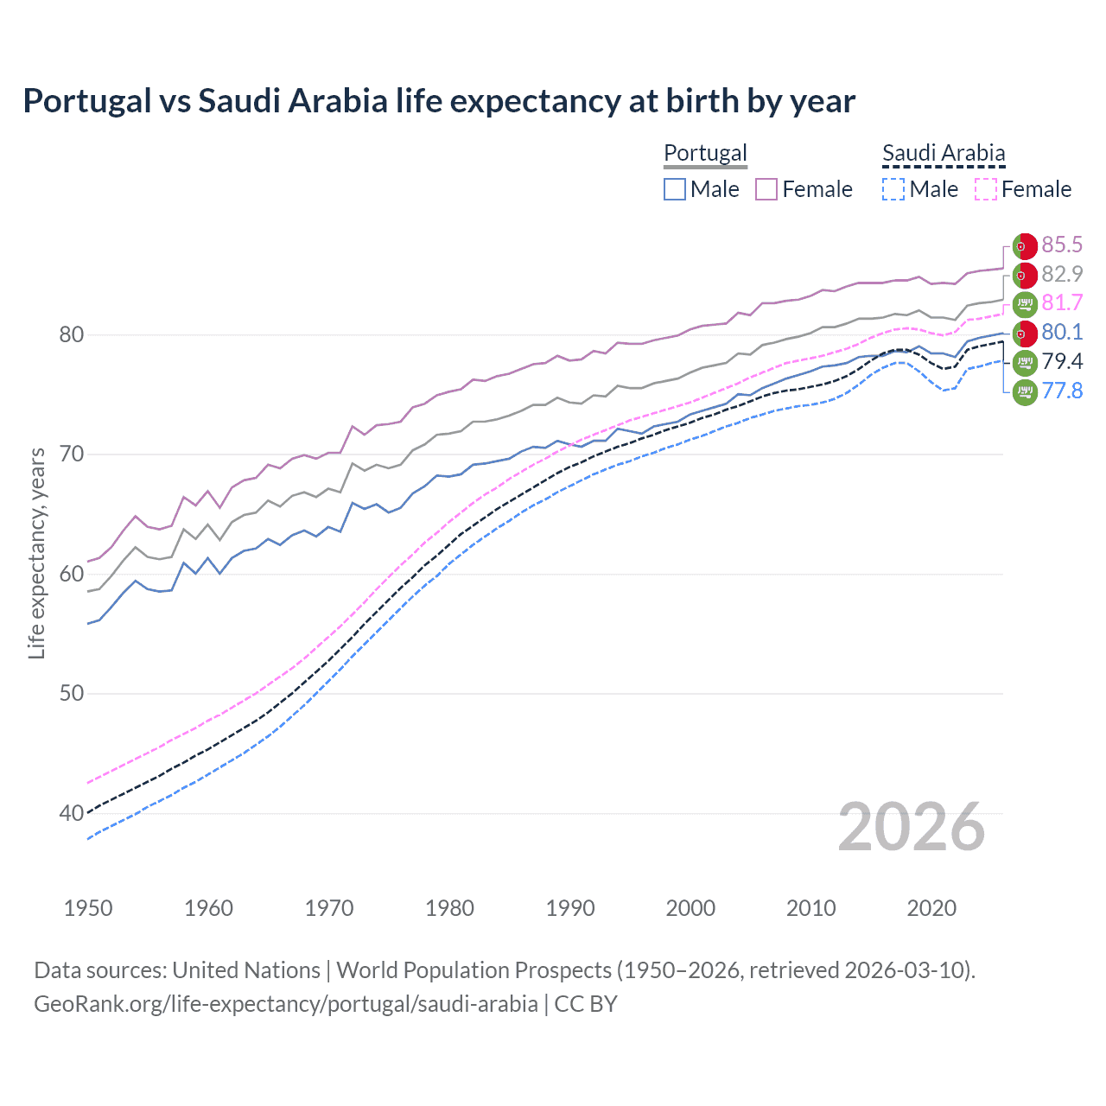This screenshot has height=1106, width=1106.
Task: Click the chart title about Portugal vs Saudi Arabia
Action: (439, 101)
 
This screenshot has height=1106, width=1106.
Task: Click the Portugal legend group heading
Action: (705, 153)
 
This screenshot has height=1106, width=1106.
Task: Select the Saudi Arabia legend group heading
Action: (944, 153)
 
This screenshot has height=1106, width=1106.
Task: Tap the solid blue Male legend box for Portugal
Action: (675, 189)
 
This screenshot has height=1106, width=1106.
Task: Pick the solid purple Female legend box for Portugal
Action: (766, 189)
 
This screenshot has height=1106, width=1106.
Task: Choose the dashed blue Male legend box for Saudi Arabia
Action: (893, 189)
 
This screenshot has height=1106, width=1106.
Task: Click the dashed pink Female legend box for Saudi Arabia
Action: (985, 189)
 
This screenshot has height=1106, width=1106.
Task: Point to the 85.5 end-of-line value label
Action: (1062, 245)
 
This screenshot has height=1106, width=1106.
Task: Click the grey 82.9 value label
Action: (1062, 274)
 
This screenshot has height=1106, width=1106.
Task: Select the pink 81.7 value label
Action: (1062, 302)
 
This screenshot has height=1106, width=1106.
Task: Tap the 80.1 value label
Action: (1062, 332)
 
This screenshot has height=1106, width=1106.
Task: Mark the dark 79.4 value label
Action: (1062, 361)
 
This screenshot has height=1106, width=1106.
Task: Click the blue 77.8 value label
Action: (1062, 391)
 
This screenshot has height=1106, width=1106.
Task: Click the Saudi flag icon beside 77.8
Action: (1025, 391)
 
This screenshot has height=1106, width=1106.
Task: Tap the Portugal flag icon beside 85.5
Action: (1025, 246)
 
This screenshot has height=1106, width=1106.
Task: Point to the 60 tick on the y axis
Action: (72, 574)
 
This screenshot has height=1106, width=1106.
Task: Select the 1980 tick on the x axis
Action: (449, 908)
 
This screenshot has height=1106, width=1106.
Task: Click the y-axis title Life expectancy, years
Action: (36, 553)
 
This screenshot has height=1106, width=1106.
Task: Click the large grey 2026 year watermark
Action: (912, 827)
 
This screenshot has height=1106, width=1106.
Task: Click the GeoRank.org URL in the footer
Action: (286, 1004)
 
